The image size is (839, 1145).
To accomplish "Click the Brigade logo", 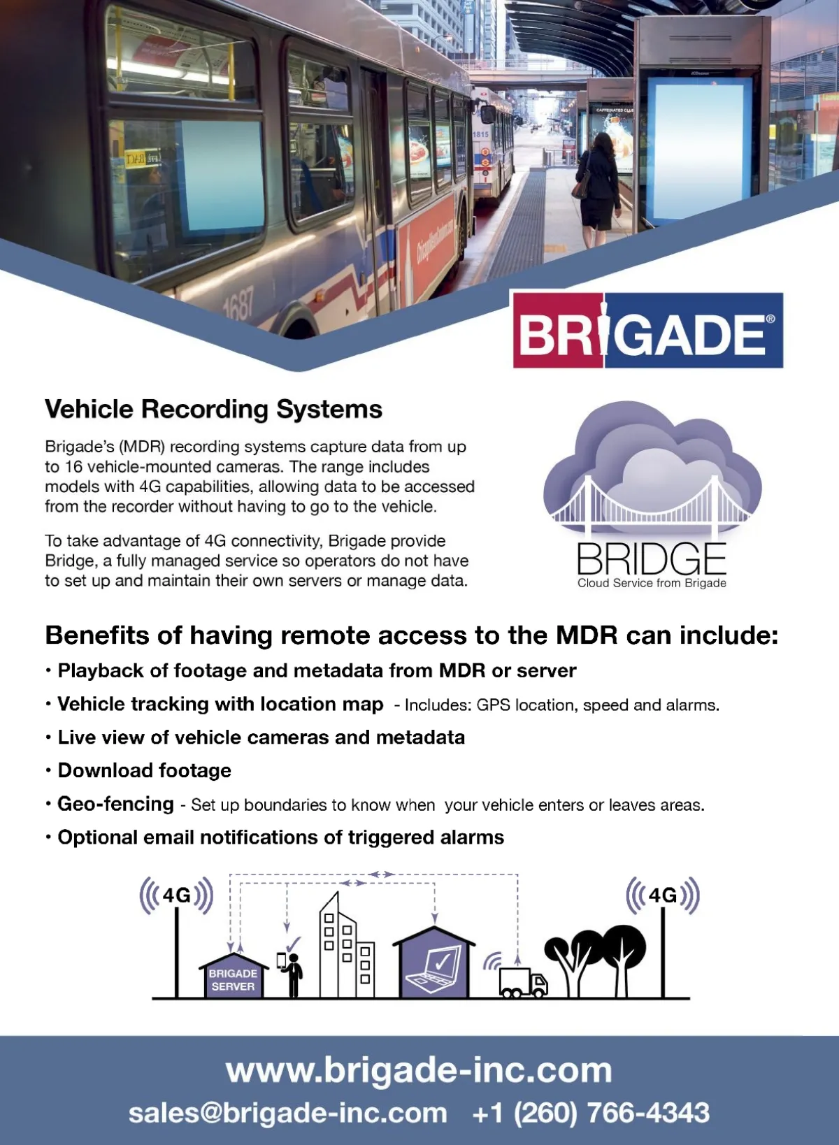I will pyautogui.click(x=647, y=331).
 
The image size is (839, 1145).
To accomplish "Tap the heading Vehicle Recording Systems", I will pyautogui.click(x=213, y=409).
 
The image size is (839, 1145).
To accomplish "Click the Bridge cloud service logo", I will pyautogui.click(x=652, y=496).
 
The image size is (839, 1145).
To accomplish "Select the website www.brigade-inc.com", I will pyautogui.click(x=419, y=1070).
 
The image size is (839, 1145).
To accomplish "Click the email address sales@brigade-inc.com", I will pyautogui.click(x=287, y=1113).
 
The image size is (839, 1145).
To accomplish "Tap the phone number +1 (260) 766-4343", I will pyautogui.click(x=591, y=1113).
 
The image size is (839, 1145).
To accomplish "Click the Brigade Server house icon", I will pyautogui.click(x=233, y=977).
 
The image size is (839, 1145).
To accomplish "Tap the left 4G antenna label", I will pyautogui.click(x=176, y=895).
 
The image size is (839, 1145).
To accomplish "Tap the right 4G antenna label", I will pyautogui.click(x=662, y=895).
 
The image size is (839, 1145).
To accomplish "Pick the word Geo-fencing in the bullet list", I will pyautogui.click(x=116, y=804).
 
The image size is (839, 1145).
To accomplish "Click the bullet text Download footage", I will pyautogui.click(x=144, y=770).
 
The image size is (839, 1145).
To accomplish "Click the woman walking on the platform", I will pyautogui.click(x=598, y=189).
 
